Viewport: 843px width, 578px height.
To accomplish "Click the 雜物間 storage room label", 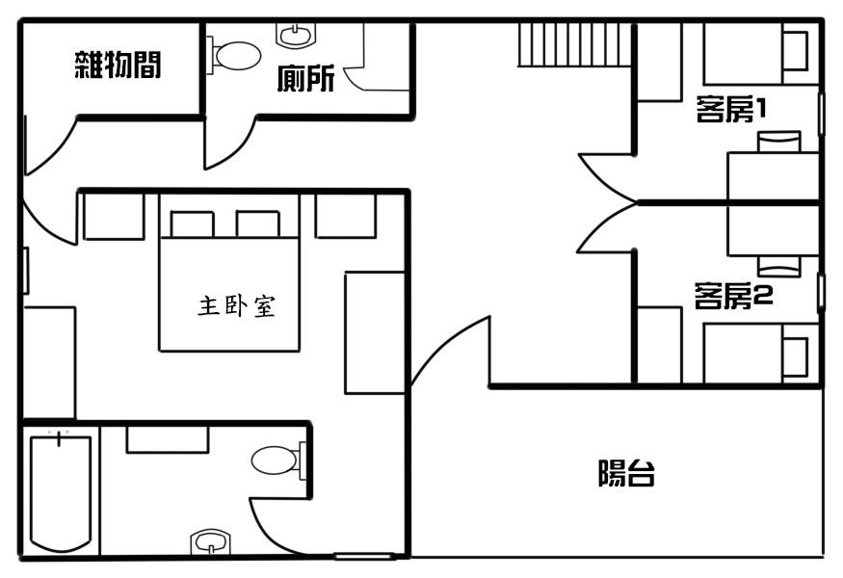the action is pyautogui.click(x=118, y=66).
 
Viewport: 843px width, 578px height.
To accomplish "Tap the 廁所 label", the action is pyautogui.click(x=306, y=78).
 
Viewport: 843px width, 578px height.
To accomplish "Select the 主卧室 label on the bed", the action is pyautogui.click(x=237, y=306).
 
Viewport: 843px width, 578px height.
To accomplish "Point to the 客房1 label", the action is pyautogui.click(x=730, y=109).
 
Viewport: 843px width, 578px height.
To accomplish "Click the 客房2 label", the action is pyautogui.click(x=733, y=296).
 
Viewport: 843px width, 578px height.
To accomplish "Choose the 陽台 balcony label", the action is pyautogui.click(x=626, y=473).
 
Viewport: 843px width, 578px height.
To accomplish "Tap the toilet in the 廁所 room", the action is pyautogui.click(x=234, y=55).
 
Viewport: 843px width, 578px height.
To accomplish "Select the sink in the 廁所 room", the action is pyautogui.click(x=295, y=35).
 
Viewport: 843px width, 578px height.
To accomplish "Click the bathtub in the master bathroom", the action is pyautogui.click(x=61, y=493).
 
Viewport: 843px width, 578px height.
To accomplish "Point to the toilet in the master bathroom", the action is pyautogui.click(x=278, y=460).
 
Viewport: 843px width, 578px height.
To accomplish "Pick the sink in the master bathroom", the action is pyautogui.click(x=211, y=541).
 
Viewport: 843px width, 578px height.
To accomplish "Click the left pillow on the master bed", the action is pyautogui.click(x=192, y=224).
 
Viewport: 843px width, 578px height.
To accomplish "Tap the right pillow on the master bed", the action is pyautogui.click(x=257, y=224).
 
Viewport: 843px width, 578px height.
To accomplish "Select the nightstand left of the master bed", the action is pyautogui.click(x=114, y=216).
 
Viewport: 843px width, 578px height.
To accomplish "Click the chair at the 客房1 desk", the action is pyautogui.click(x=779, y=142).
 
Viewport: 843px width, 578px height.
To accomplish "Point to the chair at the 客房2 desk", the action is pyautogui.click(x=779, y=266).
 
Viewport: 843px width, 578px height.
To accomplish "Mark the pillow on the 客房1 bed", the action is pyautogui.click(x=795, y=51).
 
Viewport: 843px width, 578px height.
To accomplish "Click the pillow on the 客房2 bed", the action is pyautogui.click(x=795, y=357).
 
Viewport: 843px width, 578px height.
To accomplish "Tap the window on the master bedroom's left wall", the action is pyautogui.click(x=25, y=271).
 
